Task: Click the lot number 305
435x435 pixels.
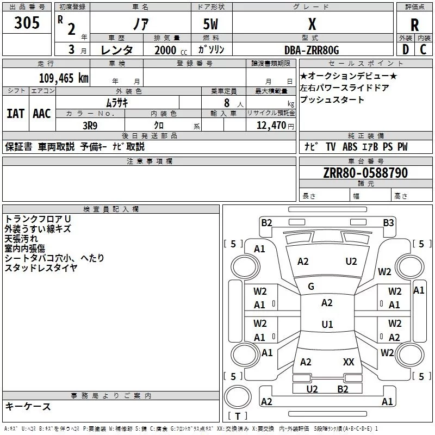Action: click(27, 23)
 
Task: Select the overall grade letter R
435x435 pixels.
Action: click(414, 25)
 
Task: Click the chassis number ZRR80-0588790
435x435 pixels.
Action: click(365, 173)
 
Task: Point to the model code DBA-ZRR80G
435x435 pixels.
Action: click(312, 50)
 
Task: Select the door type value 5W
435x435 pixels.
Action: click(211, 24)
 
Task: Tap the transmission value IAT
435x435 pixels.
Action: click(15, 114)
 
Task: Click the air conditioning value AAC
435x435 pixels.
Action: click(41, 114)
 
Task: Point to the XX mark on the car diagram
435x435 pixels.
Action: click(349, 362)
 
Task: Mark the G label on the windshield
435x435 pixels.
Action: click(311, 287)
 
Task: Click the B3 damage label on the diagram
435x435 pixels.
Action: click(388, 222)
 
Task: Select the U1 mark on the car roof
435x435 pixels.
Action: click(327, 325)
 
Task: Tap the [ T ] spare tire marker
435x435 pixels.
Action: click(237, 417)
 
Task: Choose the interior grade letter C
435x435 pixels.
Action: click(423, 50)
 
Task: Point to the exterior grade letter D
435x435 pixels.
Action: click(405, 50)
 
